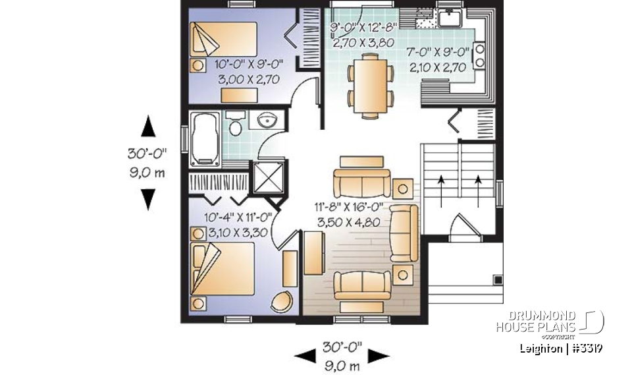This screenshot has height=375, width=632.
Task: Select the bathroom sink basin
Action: click(267, 121)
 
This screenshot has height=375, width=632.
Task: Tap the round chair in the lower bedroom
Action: click(283, 301)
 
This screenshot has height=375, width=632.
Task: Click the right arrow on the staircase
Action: click(477, 181)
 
